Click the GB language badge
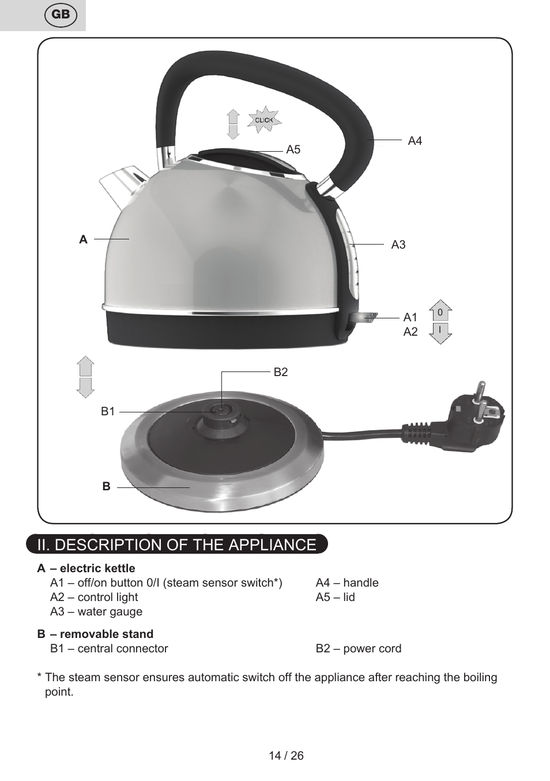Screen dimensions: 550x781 pos(61,15)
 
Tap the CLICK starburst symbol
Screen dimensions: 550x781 pos(264,120)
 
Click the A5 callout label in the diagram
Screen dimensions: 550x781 pos(293,150)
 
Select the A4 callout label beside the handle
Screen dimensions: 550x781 pos(415,141)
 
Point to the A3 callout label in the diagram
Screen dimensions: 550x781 pos(398,245)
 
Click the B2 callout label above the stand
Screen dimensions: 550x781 pos(281,373)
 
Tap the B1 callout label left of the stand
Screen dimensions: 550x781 pos(108,412)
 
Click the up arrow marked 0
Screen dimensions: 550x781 pos(440,311)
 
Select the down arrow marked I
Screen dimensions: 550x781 pos(440,333)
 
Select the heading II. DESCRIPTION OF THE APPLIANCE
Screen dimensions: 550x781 pos(176,545)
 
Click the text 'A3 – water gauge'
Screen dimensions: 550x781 pos(96,612)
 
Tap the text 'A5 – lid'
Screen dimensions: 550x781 pos(335,598)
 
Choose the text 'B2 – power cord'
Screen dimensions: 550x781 pos(358,649)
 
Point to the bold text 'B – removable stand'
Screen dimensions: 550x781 pos(95,634)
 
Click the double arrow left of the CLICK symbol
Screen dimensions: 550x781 pos(233,125)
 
